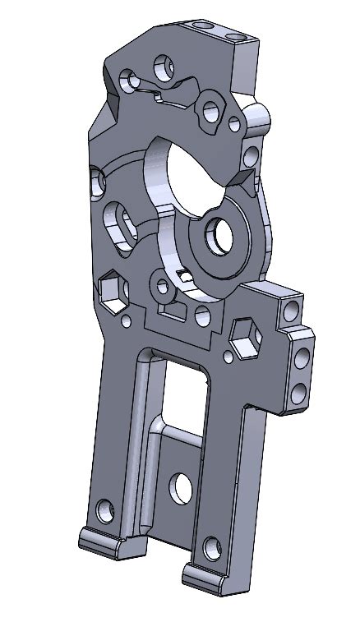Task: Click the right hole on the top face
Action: pos(237,38)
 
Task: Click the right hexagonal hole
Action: pos(245,338)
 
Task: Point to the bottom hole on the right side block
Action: pos(300,390)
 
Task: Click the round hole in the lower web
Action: pos(181,489)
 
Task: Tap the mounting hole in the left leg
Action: pos(104,510)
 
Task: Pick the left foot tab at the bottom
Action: pos(105,544)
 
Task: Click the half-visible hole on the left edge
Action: pos(97,180)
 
